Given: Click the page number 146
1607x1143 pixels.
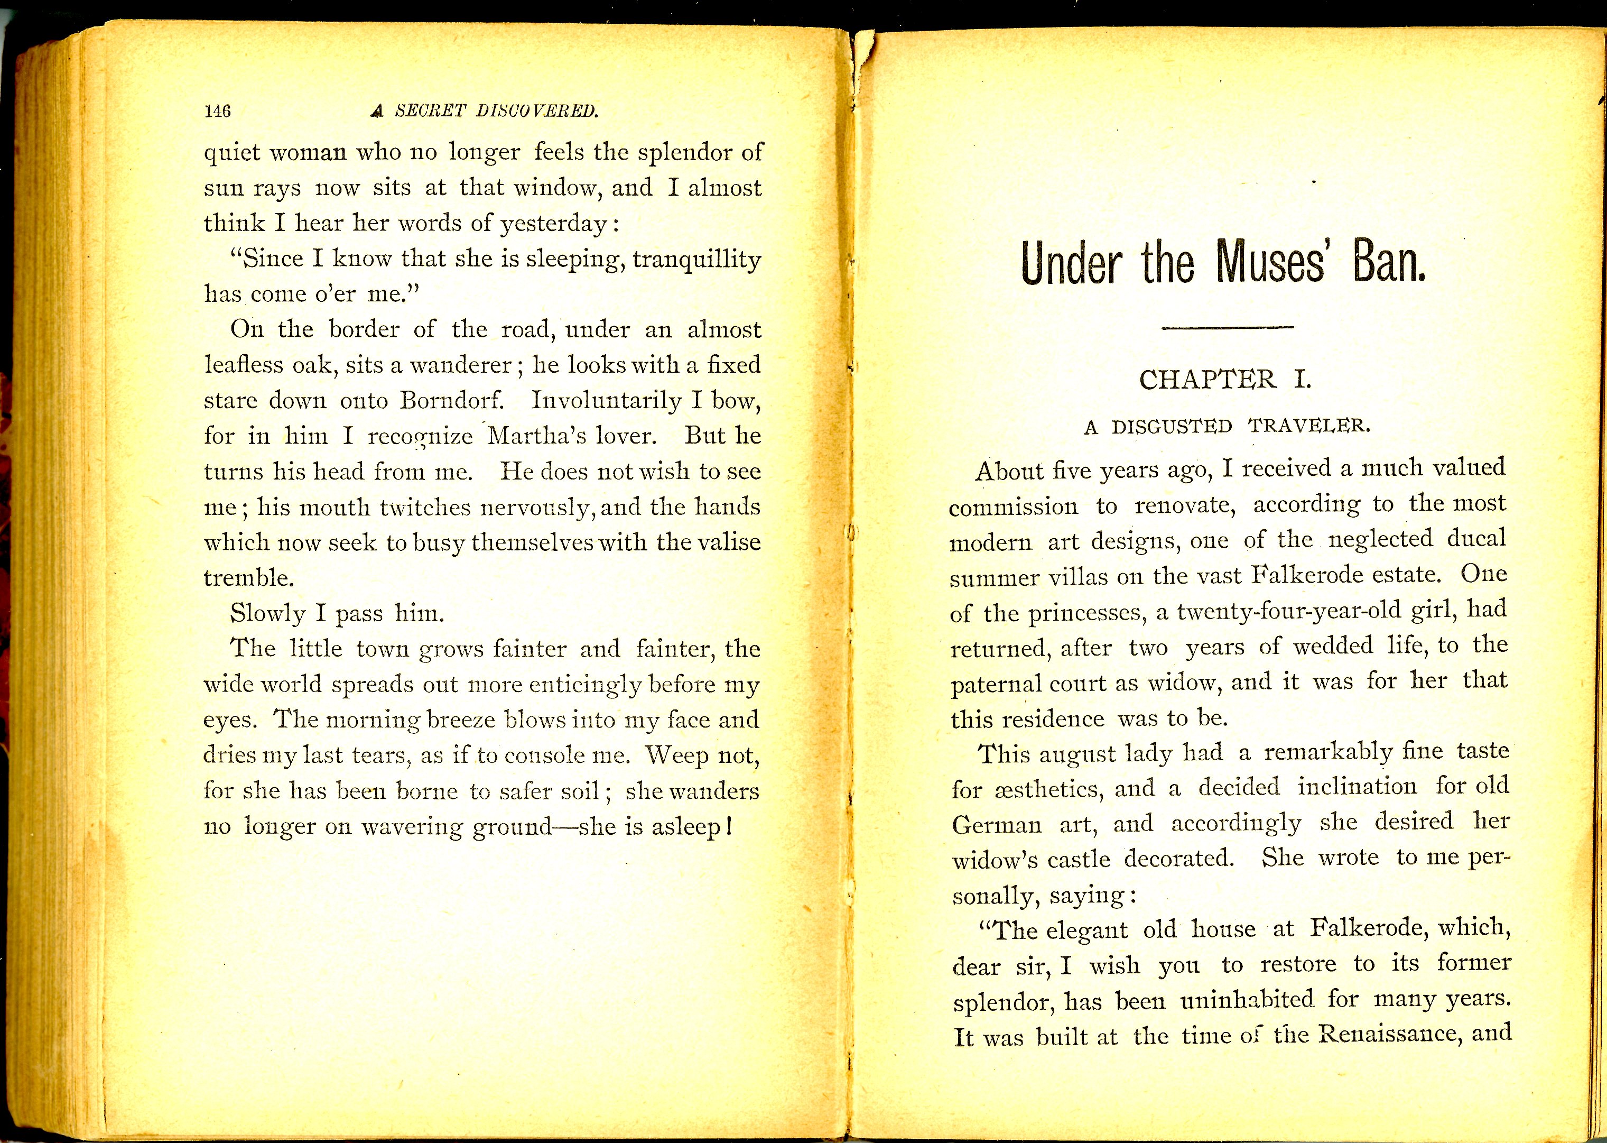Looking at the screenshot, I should (x=217, y=110).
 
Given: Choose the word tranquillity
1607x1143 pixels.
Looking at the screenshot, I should (x=696, y=259).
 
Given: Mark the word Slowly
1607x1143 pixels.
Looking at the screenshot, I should (x=267, y=613).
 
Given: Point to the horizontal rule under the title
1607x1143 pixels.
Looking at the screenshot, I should (x=1228, y=328).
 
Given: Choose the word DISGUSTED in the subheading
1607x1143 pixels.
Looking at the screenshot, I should (x=1172, y=427).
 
